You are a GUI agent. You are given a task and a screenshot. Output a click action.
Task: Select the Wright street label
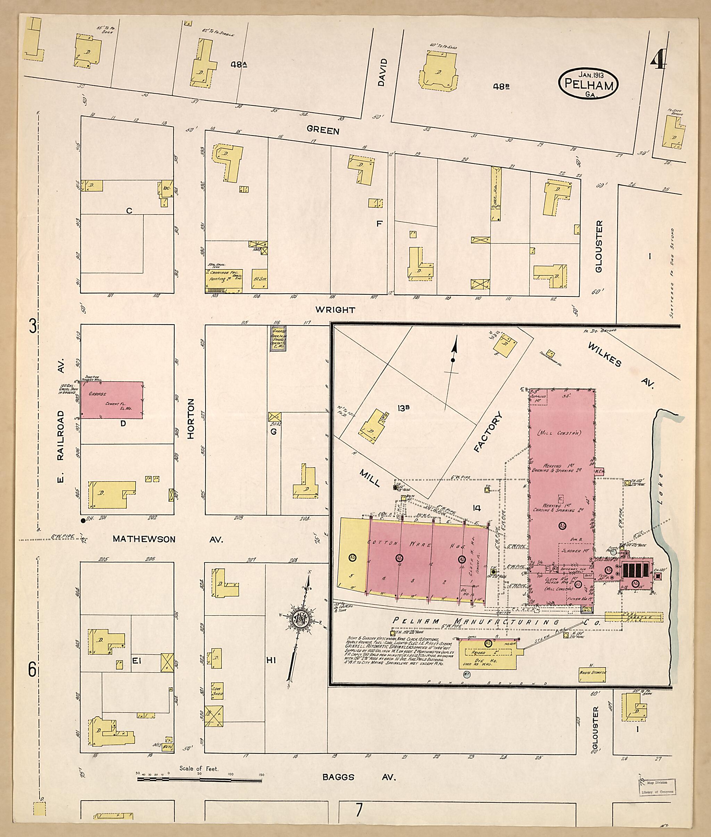pos(335,310)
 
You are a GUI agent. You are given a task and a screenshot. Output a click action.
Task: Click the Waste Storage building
pos(592,672)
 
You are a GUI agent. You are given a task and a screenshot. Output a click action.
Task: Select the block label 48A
pos(239,64)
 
